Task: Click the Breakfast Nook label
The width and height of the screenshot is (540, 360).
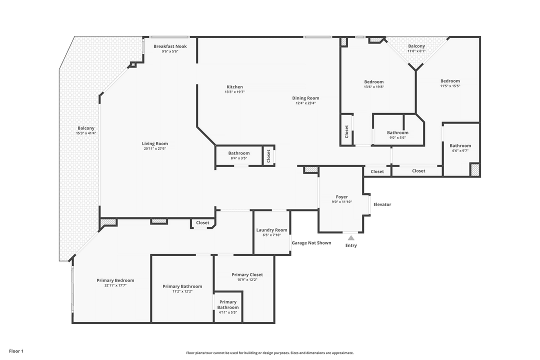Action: [x=170, y=46]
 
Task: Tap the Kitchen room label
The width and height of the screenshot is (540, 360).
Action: [x=234, y=87]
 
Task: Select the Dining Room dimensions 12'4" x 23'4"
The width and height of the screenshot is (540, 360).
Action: [x=305, y=103]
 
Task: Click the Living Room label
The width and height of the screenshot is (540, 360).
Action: [x=154, y=143]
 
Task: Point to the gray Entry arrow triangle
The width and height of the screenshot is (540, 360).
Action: [x=351, y=238]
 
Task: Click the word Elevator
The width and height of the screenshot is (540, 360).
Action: [x=382, y=204]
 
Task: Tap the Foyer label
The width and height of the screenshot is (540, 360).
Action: [x=341, y=197]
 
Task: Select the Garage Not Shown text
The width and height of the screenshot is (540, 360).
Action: [x=311, y=243]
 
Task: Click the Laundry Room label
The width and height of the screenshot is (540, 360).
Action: [x=271, y=230]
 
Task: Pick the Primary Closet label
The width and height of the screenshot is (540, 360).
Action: [x=247, y=274]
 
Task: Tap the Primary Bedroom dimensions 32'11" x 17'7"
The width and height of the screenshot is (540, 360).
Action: [x=115, y=285]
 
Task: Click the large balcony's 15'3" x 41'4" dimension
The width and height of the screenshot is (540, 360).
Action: [x=85, y=133]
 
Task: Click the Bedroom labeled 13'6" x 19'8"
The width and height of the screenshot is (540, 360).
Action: [x=373, y=82]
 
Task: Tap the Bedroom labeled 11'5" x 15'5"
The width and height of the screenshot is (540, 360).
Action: [x=450, y=81]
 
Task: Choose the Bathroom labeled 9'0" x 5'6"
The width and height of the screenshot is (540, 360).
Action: [x=397, y=132]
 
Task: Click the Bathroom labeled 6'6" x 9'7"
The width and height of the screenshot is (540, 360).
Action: [x=460, y=146]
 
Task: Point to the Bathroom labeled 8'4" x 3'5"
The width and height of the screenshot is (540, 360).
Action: [x=239, y=153]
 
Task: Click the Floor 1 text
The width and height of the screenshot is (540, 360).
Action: [x=16, y=351]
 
